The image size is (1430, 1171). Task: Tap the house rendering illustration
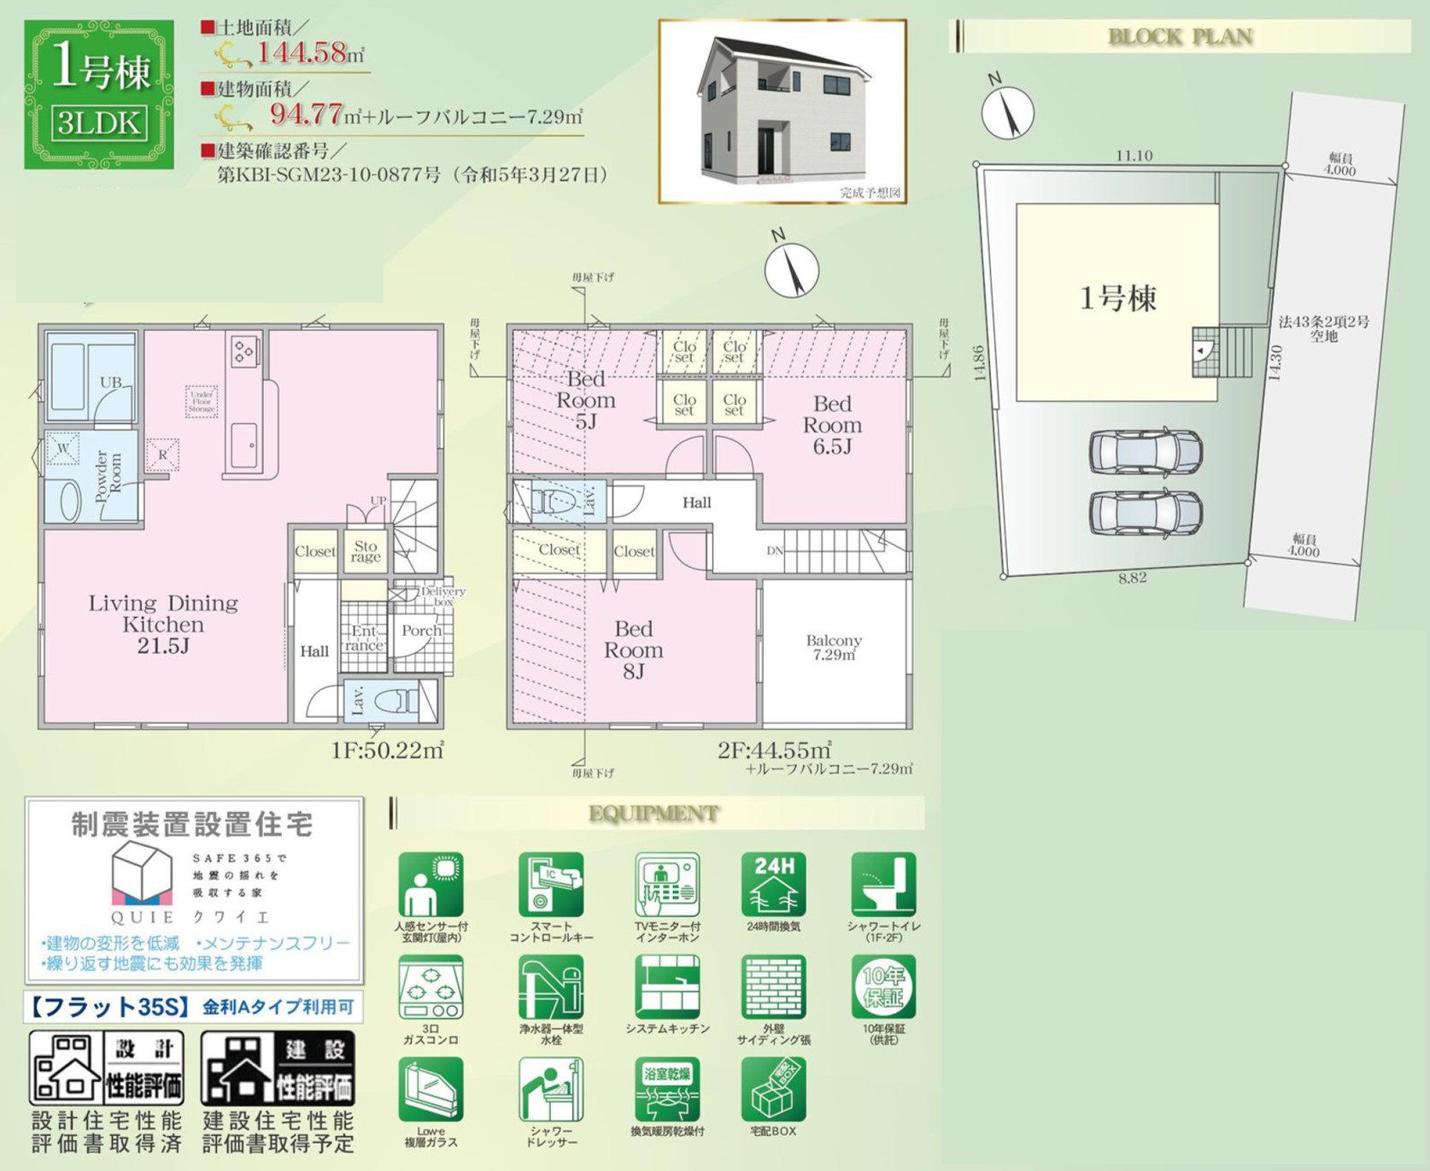point(782,111)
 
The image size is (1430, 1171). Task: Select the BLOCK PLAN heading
point(1180,37)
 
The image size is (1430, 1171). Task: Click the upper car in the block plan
point(1146,451)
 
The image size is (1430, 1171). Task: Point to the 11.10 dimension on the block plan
point(1134,156)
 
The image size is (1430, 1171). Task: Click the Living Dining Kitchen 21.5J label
point(163,624)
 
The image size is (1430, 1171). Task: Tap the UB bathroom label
point(110,382)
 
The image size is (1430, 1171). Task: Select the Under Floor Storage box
point(202,401)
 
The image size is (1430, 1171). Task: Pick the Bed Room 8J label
point(633,650)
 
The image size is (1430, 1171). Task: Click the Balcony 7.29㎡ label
point(834,647)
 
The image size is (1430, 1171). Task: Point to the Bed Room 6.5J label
point(832,425)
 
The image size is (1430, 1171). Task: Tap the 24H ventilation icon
point(773,885)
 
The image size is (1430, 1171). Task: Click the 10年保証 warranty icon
point(882,987)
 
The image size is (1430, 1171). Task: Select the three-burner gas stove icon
point(431,988)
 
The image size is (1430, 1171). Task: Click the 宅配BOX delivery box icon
point(773,1090)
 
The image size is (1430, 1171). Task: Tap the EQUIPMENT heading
point(653,813)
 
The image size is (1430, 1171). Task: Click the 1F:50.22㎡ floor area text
point(387,750)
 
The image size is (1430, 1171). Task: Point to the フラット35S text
point(109,1007)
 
